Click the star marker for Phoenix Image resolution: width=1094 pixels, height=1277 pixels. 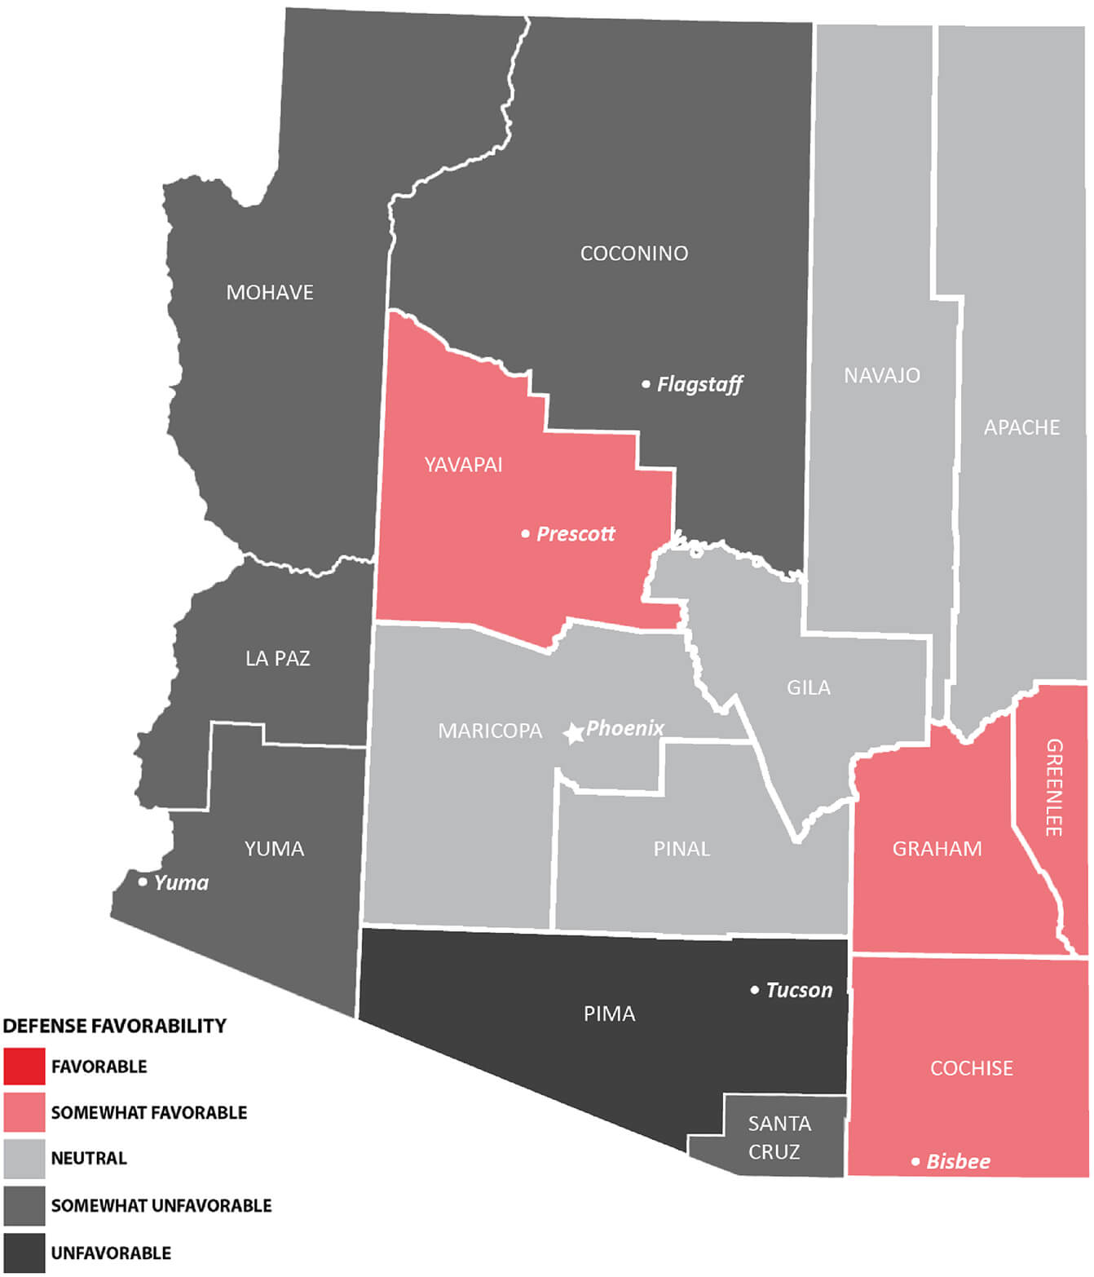[x=574, y=733]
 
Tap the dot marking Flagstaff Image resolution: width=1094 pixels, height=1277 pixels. [x=646, y=384]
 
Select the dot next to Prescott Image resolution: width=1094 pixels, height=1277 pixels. [x=525, y=534]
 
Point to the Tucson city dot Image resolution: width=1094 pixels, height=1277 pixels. [x=754, y=990]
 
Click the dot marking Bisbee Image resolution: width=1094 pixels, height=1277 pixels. [x=915, y=1161]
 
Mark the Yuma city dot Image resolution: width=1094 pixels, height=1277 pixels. [x=143, y=882]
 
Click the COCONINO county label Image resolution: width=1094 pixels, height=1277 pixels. [x=633, y=254]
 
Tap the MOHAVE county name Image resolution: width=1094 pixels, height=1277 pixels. [x=270, y=293]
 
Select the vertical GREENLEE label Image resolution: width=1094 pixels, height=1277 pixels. [x=1053, y=787]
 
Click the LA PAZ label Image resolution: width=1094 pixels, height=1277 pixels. [x=278, y=658]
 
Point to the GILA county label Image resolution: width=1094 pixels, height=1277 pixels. [x=808, y=687]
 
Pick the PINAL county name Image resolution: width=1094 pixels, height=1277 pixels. [x=682, y=849]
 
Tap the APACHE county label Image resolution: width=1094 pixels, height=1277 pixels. [x=1021, y=427]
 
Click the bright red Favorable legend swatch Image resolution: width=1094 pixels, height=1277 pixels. [x=24, y=1067]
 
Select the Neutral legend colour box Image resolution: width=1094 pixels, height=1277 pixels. [x=24, y=1159]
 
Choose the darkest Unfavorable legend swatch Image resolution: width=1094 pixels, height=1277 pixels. [x=24, y=1253]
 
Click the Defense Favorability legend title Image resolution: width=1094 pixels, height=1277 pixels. [x=115, y=1026]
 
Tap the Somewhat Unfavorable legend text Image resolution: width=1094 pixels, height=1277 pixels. [x=161, y=1205]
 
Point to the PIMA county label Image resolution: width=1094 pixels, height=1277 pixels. [x=609, y=1014]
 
